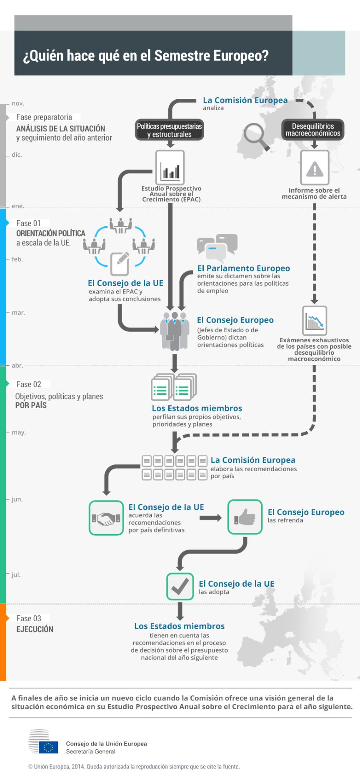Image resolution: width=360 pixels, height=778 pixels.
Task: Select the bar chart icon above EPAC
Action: pyautogui.click(x=170, y=168)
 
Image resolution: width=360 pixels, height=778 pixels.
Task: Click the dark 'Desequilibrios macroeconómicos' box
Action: pyautogui.click(x=312, y=130)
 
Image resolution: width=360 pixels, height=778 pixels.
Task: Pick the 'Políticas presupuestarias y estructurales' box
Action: pyautogui.click(x=169, y=130)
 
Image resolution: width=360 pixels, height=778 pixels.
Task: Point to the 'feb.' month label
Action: pyautogui.click(x=17, y=259)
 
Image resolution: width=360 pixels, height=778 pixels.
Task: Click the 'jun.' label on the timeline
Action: pyautogui.click(x=17, y=499)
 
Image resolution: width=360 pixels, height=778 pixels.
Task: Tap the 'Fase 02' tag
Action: pyautogui.click(x=29, y=384)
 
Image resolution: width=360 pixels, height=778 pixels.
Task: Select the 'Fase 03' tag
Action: pyautogui.click(x=29, y=618)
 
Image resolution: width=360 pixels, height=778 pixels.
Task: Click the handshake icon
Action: pyautogui.click(x=106, y=518)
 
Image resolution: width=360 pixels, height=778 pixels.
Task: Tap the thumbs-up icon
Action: pyautogui.click(x=245, y=517)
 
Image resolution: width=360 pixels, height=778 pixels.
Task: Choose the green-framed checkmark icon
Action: pyautogui.click(x=180, y=587)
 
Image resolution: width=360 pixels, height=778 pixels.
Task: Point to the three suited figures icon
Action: pyautogui.click(x=175, y=331)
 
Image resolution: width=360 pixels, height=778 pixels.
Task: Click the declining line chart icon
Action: pyautogui.click(x=315, y=321)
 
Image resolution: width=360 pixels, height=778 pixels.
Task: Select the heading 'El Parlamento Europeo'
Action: pyautogui.click(x=243, y=269)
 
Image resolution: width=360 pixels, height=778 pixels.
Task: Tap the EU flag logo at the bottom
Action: pyautogui.click(x=48, y=747)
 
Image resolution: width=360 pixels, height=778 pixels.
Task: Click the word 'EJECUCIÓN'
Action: pyautogui.click(x=35, y=630)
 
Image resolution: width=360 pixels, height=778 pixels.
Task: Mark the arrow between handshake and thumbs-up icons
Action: pyautogui.click(x=210, y=518)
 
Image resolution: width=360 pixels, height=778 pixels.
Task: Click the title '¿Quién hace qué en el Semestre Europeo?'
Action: pyautogui.click(x=146, y=56)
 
